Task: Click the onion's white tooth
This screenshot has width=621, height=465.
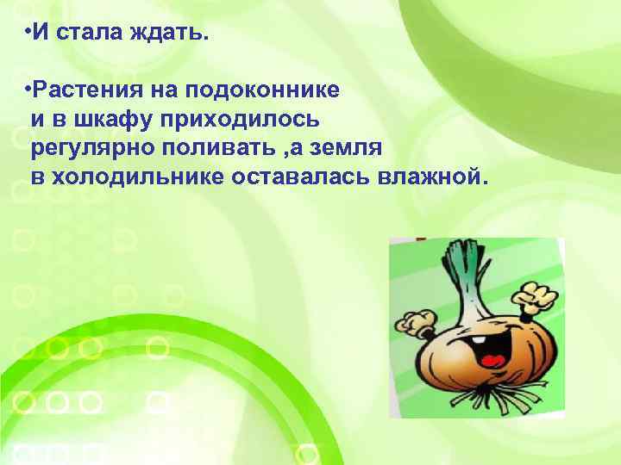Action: click(478, 342)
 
